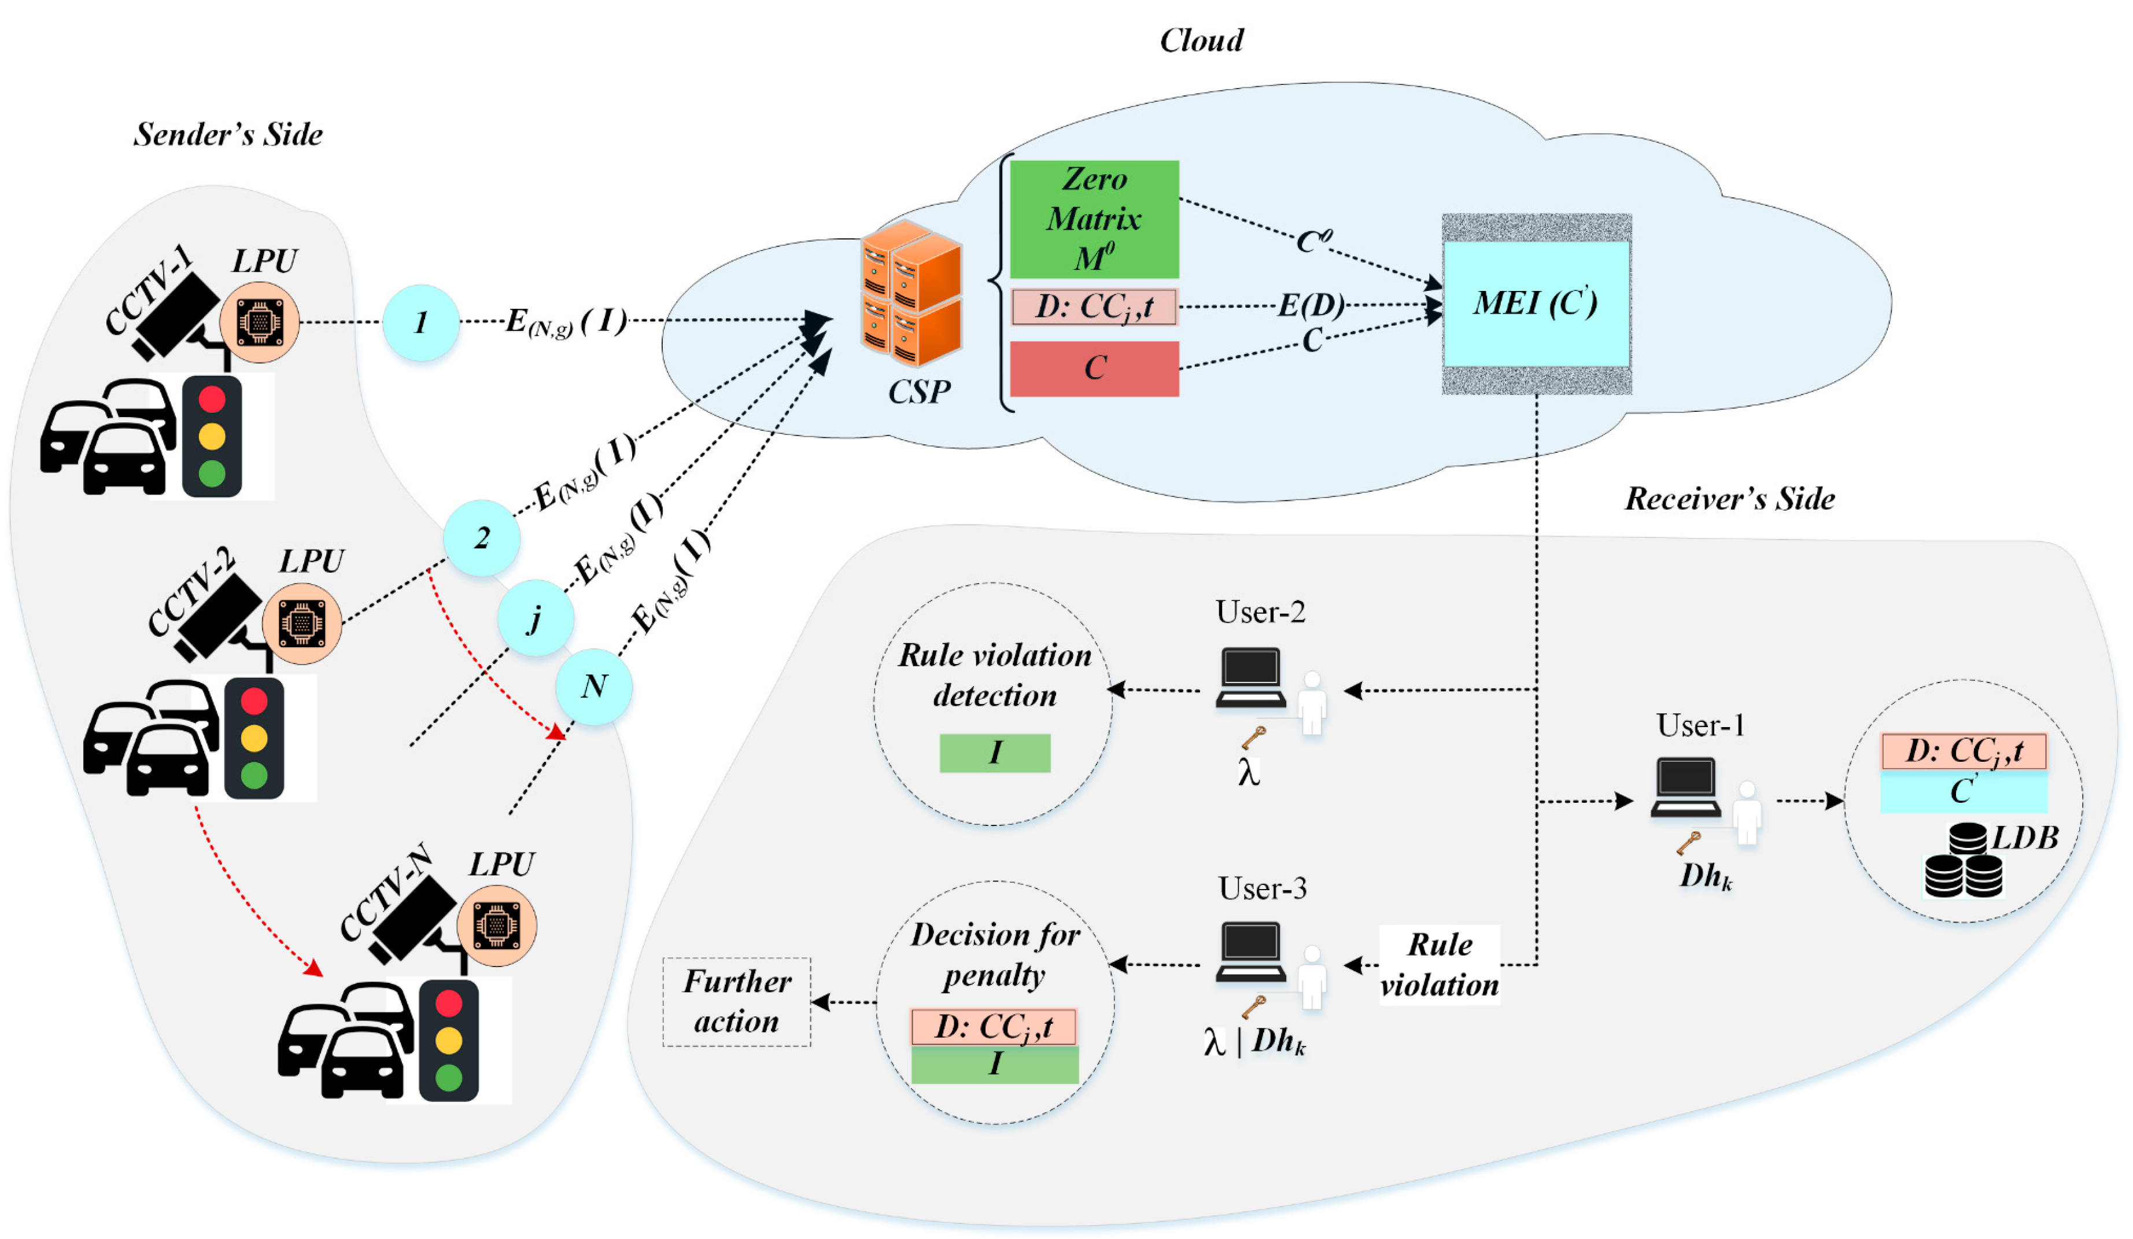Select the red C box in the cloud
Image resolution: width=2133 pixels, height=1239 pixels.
point(1094,368)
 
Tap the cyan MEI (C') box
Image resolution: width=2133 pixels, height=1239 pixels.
point(1536,303)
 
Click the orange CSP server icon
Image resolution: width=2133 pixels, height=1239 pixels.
point(911,292)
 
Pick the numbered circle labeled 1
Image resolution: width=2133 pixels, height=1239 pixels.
point(420,322)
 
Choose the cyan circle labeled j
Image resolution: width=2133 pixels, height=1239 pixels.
point(535,618)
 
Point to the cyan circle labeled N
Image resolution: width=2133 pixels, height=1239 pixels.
point(593,687)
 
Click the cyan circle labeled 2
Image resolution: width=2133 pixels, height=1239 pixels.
point(482,539)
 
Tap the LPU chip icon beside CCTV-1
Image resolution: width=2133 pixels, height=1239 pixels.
point(259,322)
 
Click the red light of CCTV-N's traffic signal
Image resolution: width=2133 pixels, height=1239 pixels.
point(449,1004)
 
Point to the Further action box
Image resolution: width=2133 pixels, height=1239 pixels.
point(736,1001)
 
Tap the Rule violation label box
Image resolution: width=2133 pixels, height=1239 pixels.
point(1439,965)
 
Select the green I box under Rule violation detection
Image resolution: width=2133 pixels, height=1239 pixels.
point(995,753)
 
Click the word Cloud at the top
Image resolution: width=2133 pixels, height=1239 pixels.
point(1201,40)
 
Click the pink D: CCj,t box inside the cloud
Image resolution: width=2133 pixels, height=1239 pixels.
point(1094,307)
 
